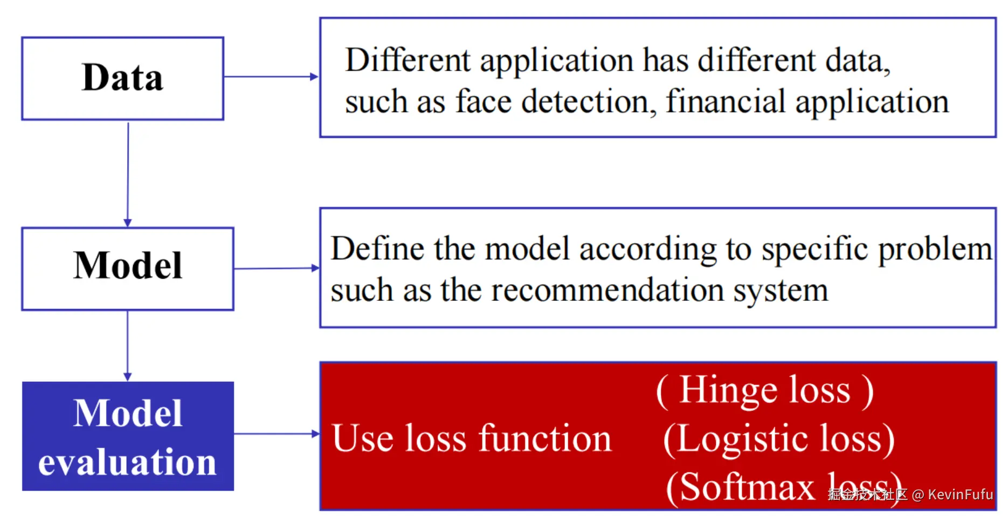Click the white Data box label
(122, 78)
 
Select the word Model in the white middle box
(128, 266)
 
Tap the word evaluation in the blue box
(127, 462)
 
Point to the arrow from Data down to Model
(128, 173)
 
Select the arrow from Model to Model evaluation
(127, 345)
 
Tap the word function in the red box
(545, 438)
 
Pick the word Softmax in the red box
(747, 487)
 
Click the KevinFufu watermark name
(960, 494)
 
